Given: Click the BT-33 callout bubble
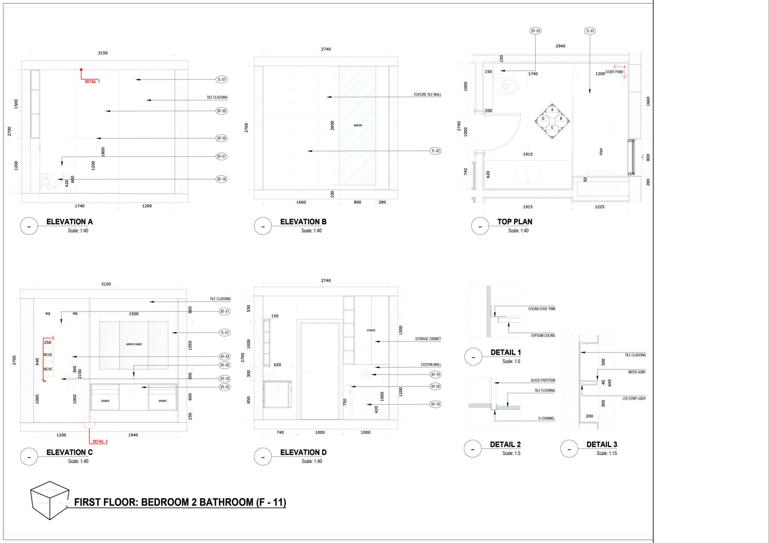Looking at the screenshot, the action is tap(536, 31).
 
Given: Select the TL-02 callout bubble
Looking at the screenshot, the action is tap(435, 151).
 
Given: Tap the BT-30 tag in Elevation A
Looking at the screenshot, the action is tap(221, 111).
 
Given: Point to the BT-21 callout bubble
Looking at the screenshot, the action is tap(225, 311).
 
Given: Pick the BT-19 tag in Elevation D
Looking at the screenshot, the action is tap(435, 375).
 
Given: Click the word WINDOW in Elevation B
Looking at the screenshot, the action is tap(358, 125).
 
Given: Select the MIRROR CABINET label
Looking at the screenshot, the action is tap(134, 344).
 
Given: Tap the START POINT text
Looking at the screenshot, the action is tap(615, 72).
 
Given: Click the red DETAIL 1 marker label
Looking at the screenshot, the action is tap(92, 82).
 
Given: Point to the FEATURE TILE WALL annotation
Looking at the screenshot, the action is tap(427, 95).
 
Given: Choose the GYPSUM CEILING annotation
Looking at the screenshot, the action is tap(543, 336).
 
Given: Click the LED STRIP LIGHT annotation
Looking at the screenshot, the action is tap(634, 398).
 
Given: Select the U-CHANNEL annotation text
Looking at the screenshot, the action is tap(546, 418).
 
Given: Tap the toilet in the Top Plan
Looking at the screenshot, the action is tap(509, 86).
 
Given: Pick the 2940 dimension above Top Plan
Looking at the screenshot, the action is tap(560, 46).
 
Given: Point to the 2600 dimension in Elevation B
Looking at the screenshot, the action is tap(332, 125).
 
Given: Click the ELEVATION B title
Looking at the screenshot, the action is tap(303, 222).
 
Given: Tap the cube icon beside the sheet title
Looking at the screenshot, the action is tap(50, 500).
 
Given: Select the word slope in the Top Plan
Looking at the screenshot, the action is tap(601, 152).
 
